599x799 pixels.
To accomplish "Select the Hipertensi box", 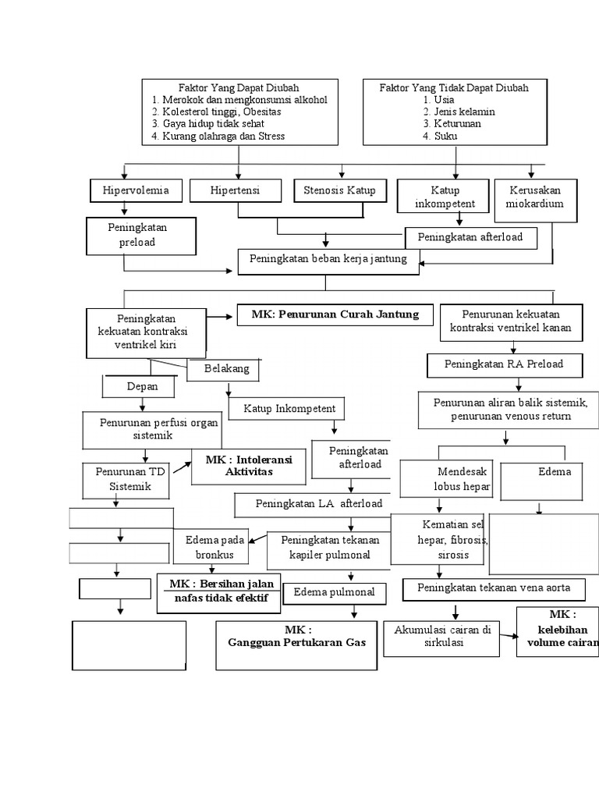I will [x=235, y=190].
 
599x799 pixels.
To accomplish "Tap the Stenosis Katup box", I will [x=339, y=190].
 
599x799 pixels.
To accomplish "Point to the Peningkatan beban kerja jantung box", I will [x=328, y=259].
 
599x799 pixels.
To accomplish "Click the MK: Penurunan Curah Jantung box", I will [x=335, y=314].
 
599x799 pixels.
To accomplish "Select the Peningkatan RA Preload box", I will [x=503, y=364].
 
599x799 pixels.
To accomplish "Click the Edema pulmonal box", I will [x=334, y=592].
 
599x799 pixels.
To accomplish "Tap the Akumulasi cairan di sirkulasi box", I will [x=441, y=636].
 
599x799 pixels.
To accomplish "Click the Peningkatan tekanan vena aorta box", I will [x=494, y=588].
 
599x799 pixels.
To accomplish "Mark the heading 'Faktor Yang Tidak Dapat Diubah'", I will [x=453, y=88].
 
